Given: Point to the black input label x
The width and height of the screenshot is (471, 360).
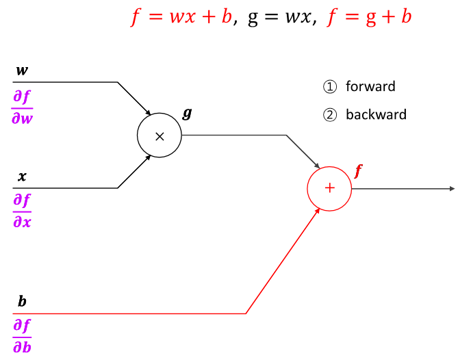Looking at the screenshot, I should click(x=22, y=177).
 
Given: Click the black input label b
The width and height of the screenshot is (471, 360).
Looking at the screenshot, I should click(x=22, y=302).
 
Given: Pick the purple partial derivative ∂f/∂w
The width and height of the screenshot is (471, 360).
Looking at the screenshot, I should click(x=23, y=108).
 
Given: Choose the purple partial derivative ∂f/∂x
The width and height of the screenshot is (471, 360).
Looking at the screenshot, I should click(x=23, y=211).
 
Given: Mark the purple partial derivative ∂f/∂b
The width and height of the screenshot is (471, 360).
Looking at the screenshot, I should click(x=22, y=335).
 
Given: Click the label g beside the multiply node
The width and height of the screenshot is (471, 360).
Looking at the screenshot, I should click(x=187, y=112).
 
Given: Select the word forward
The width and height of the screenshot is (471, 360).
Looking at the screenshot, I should click(x=370, y=86).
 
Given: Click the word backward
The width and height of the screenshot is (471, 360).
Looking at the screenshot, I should click(x=376, y=114).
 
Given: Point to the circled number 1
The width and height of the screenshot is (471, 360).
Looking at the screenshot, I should click(x=330, y=87).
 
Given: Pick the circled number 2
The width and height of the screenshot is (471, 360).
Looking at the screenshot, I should click(x=330, y=115).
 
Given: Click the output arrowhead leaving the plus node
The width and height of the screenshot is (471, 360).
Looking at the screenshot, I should click(x=451, y=188).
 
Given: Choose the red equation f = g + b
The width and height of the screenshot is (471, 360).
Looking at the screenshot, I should click(x=370, y=16).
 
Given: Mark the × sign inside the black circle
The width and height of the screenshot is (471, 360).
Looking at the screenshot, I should click(x=160, y=136).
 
